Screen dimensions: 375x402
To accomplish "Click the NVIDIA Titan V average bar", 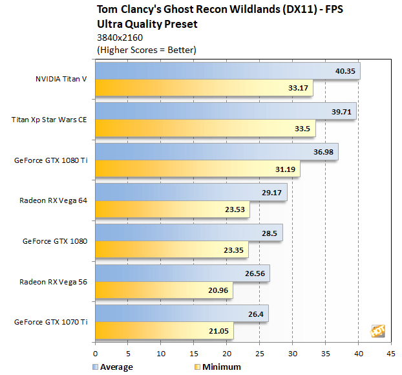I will (226, 71).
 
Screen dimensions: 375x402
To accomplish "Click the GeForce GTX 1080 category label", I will (55, 241).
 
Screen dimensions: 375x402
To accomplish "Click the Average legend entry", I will (112, 367).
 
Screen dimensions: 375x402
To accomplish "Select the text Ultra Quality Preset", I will (147, 25).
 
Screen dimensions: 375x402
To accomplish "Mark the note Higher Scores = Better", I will (146, 50).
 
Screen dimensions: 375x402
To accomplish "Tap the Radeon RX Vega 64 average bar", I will (191, 193).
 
